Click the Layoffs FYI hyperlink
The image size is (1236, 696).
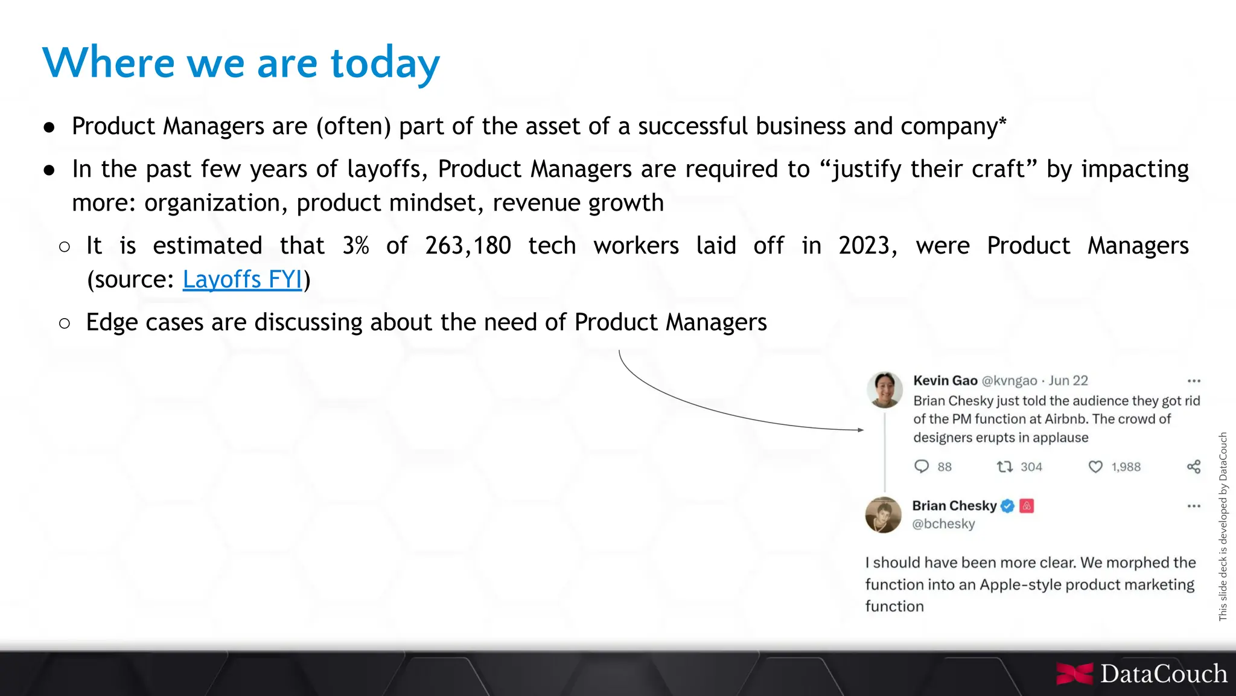[x=242, y=279]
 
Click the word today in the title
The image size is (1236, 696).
[x=385, y=63]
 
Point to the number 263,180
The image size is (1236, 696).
[x=468, y=246]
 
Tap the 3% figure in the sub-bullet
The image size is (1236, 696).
[x=355, y=246]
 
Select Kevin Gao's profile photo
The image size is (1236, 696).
[x=884, y=389]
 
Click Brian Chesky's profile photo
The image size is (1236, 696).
[x=883, y=515]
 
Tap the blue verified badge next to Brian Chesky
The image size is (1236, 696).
[x=1007, y=506]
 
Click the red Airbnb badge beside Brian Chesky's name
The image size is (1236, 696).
[x=1027, y=506]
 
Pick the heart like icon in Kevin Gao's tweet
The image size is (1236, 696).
[x=1095, y=467]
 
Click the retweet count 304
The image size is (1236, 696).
[x=1031, y=467]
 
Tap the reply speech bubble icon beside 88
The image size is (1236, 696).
[x=922, y=466]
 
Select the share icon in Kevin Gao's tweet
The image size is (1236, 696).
[x=1193, y=467]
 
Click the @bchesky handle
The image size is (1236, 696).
[x=943, y=524]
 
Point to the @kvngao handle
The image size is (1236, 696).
[x=1009, y=381]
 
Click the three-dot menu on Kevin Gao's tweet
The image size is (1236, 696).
[x=1193, y=381]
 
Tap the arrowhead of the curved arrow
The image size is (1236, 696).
[x=861, y=430]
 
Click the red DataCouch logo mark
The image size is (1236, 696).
[x=1075, y=674]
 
